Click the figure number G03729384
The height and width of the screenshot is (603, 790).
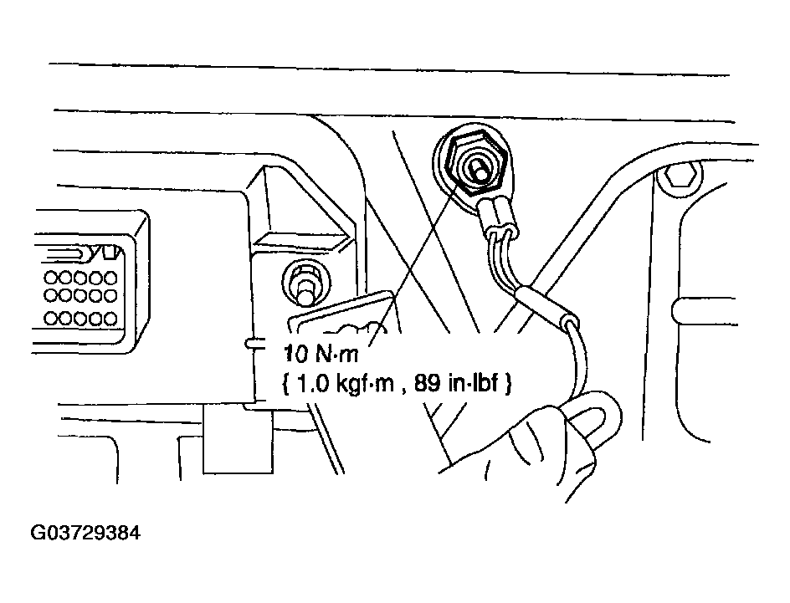(x=84, y=533)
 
